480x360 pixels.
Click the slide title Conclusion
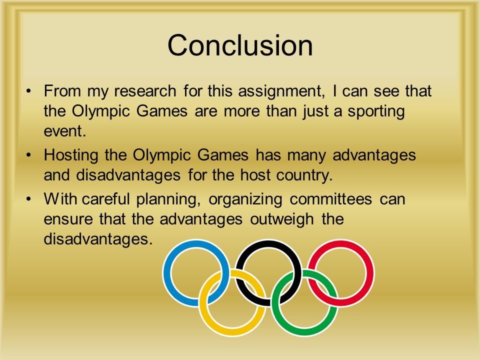click(240, 45)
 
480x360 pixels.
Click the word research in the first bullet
click(145, 91)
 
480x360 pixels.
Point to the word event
click(64, 131)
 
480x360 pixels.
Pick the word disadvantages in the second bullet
click(128, 175)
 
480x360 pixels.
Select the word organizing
click(245, 200)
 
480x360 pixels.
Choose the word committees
click(331, 199)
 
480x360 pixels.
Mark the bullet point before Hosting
click(29, 155)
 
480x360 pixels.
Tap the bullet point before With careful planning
click(29, 199)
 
